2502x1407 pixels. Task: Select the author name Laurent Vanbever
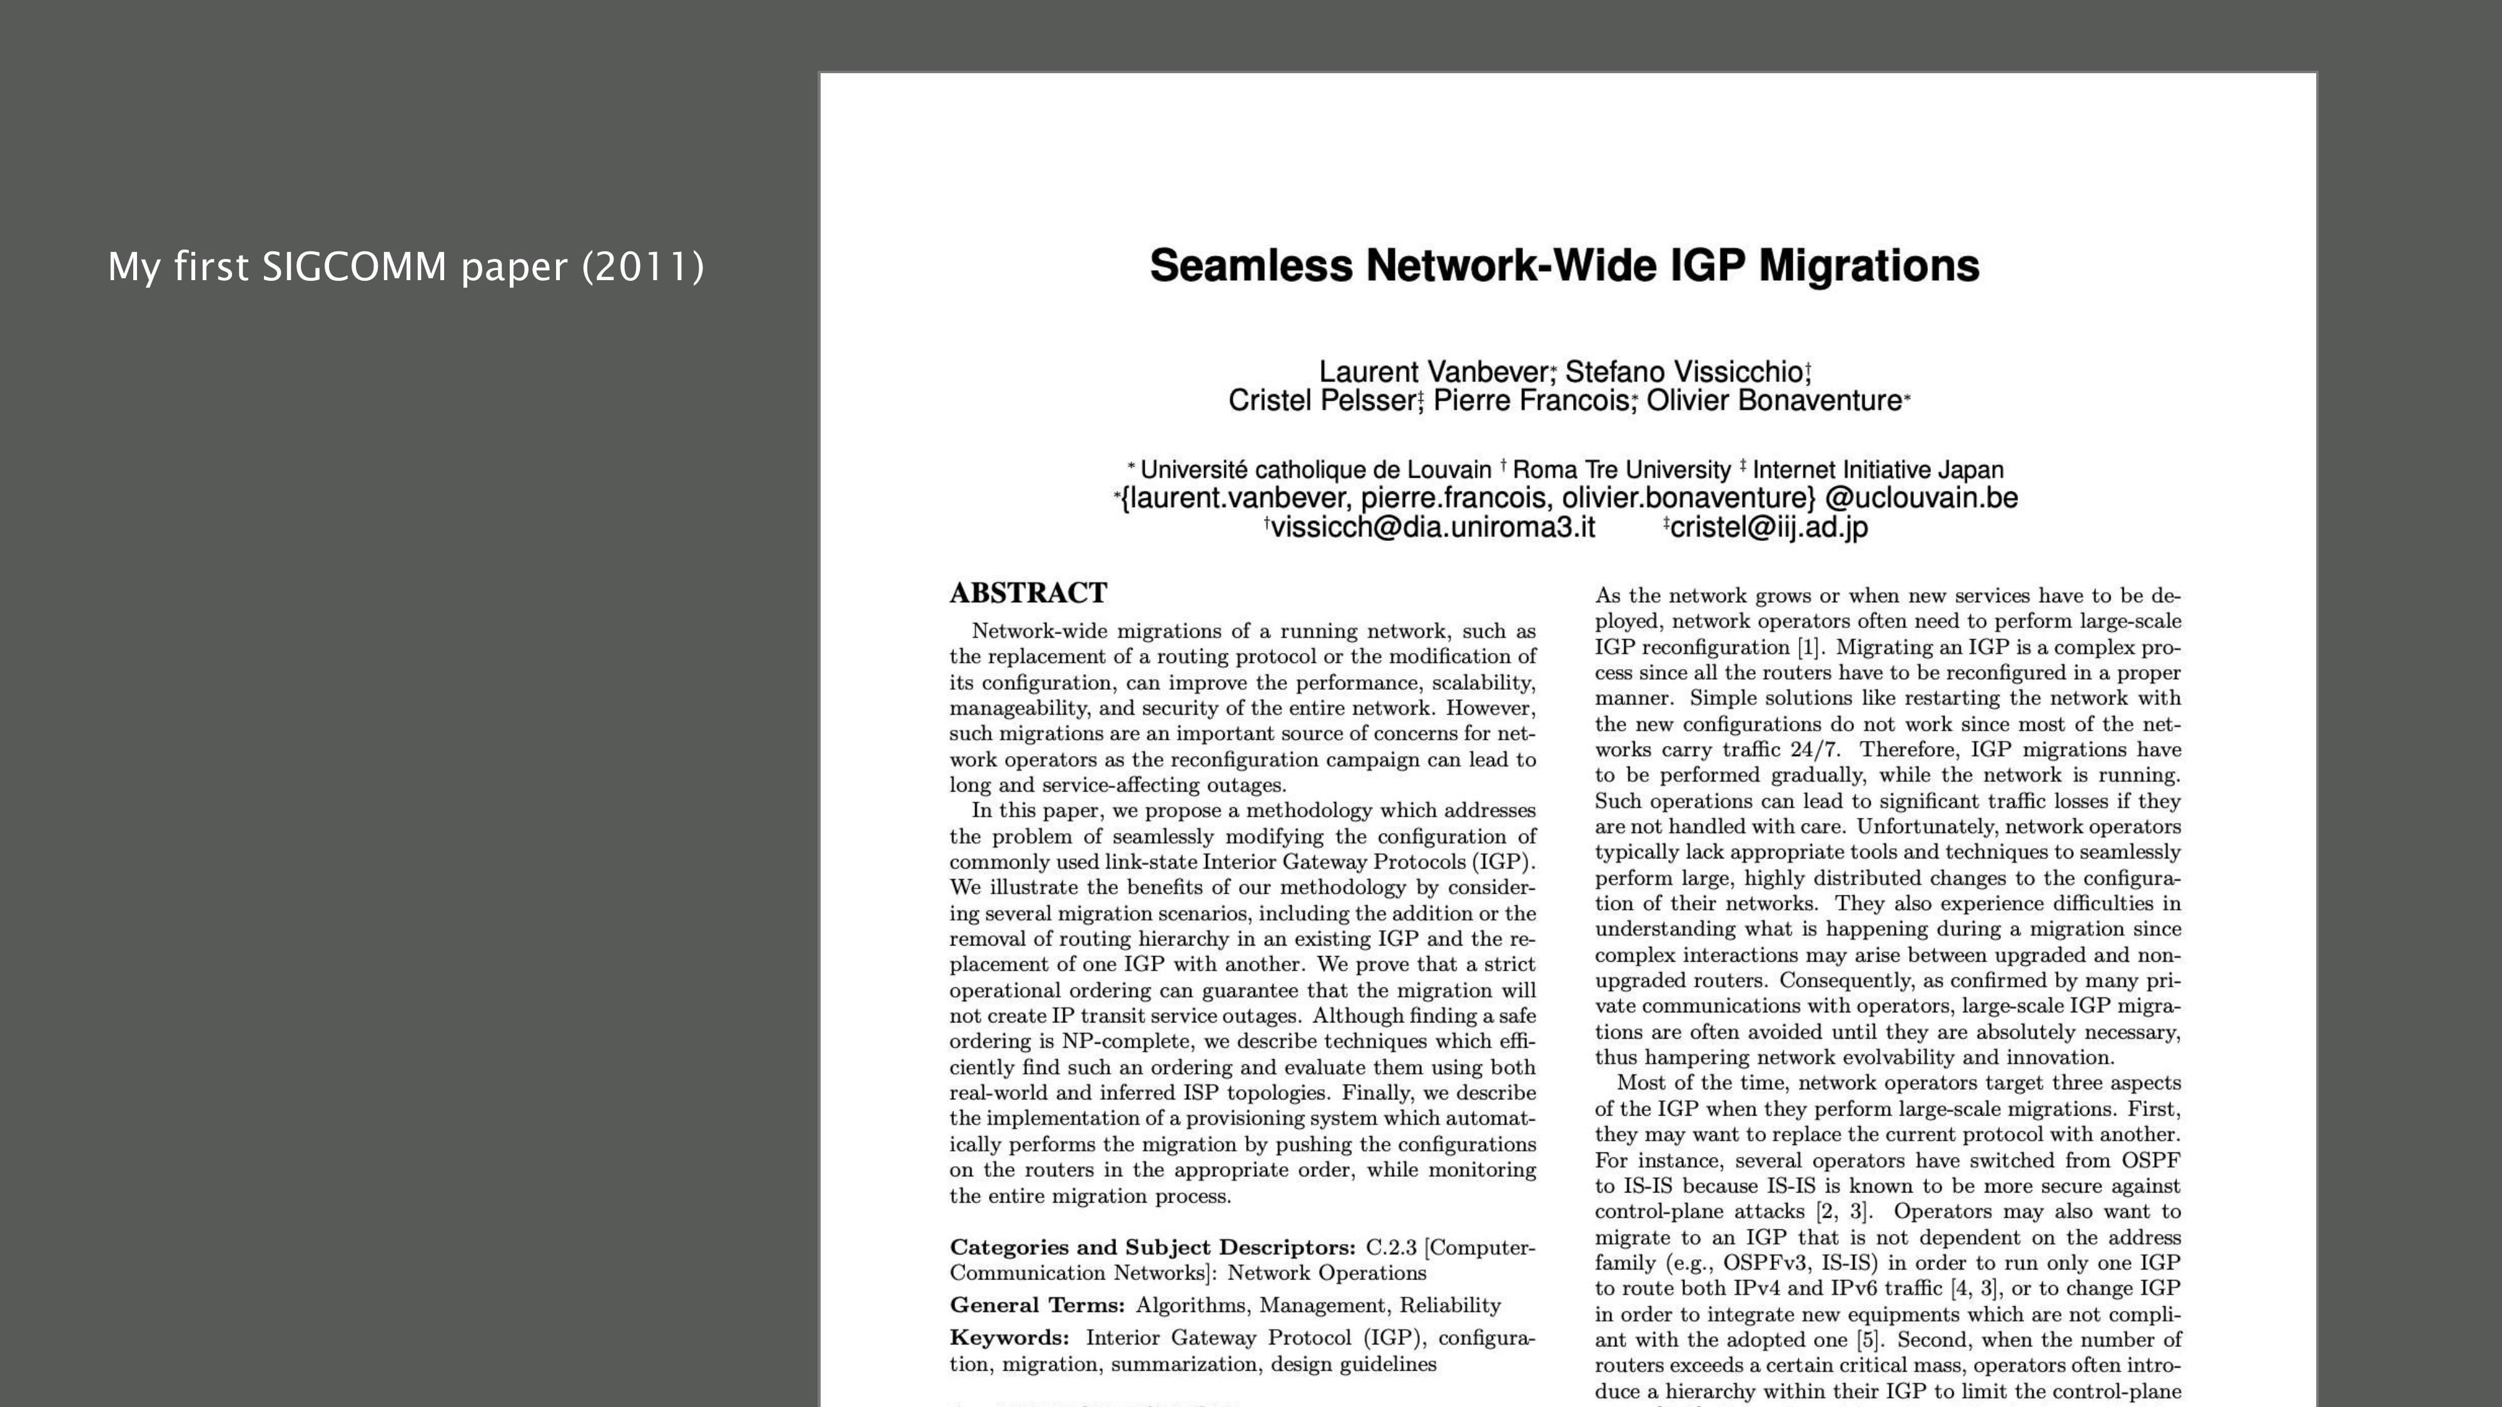(x=1434, y=372)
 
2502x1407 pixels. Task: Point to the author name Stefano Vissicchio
(x=1684, y=372)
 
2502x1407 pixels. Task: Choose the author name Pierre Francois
(x=1531, y=401)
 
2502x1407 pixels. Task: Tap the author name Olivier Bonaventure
(x=1773, y=401)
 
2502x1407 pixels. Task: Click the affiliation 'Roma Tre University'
(x=1621, y=470)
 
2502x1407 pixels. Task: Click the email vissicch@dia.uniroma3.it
(x=1432, y=527)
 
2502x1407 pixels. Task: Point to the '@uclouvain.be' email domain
(x=1921, y=498)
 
